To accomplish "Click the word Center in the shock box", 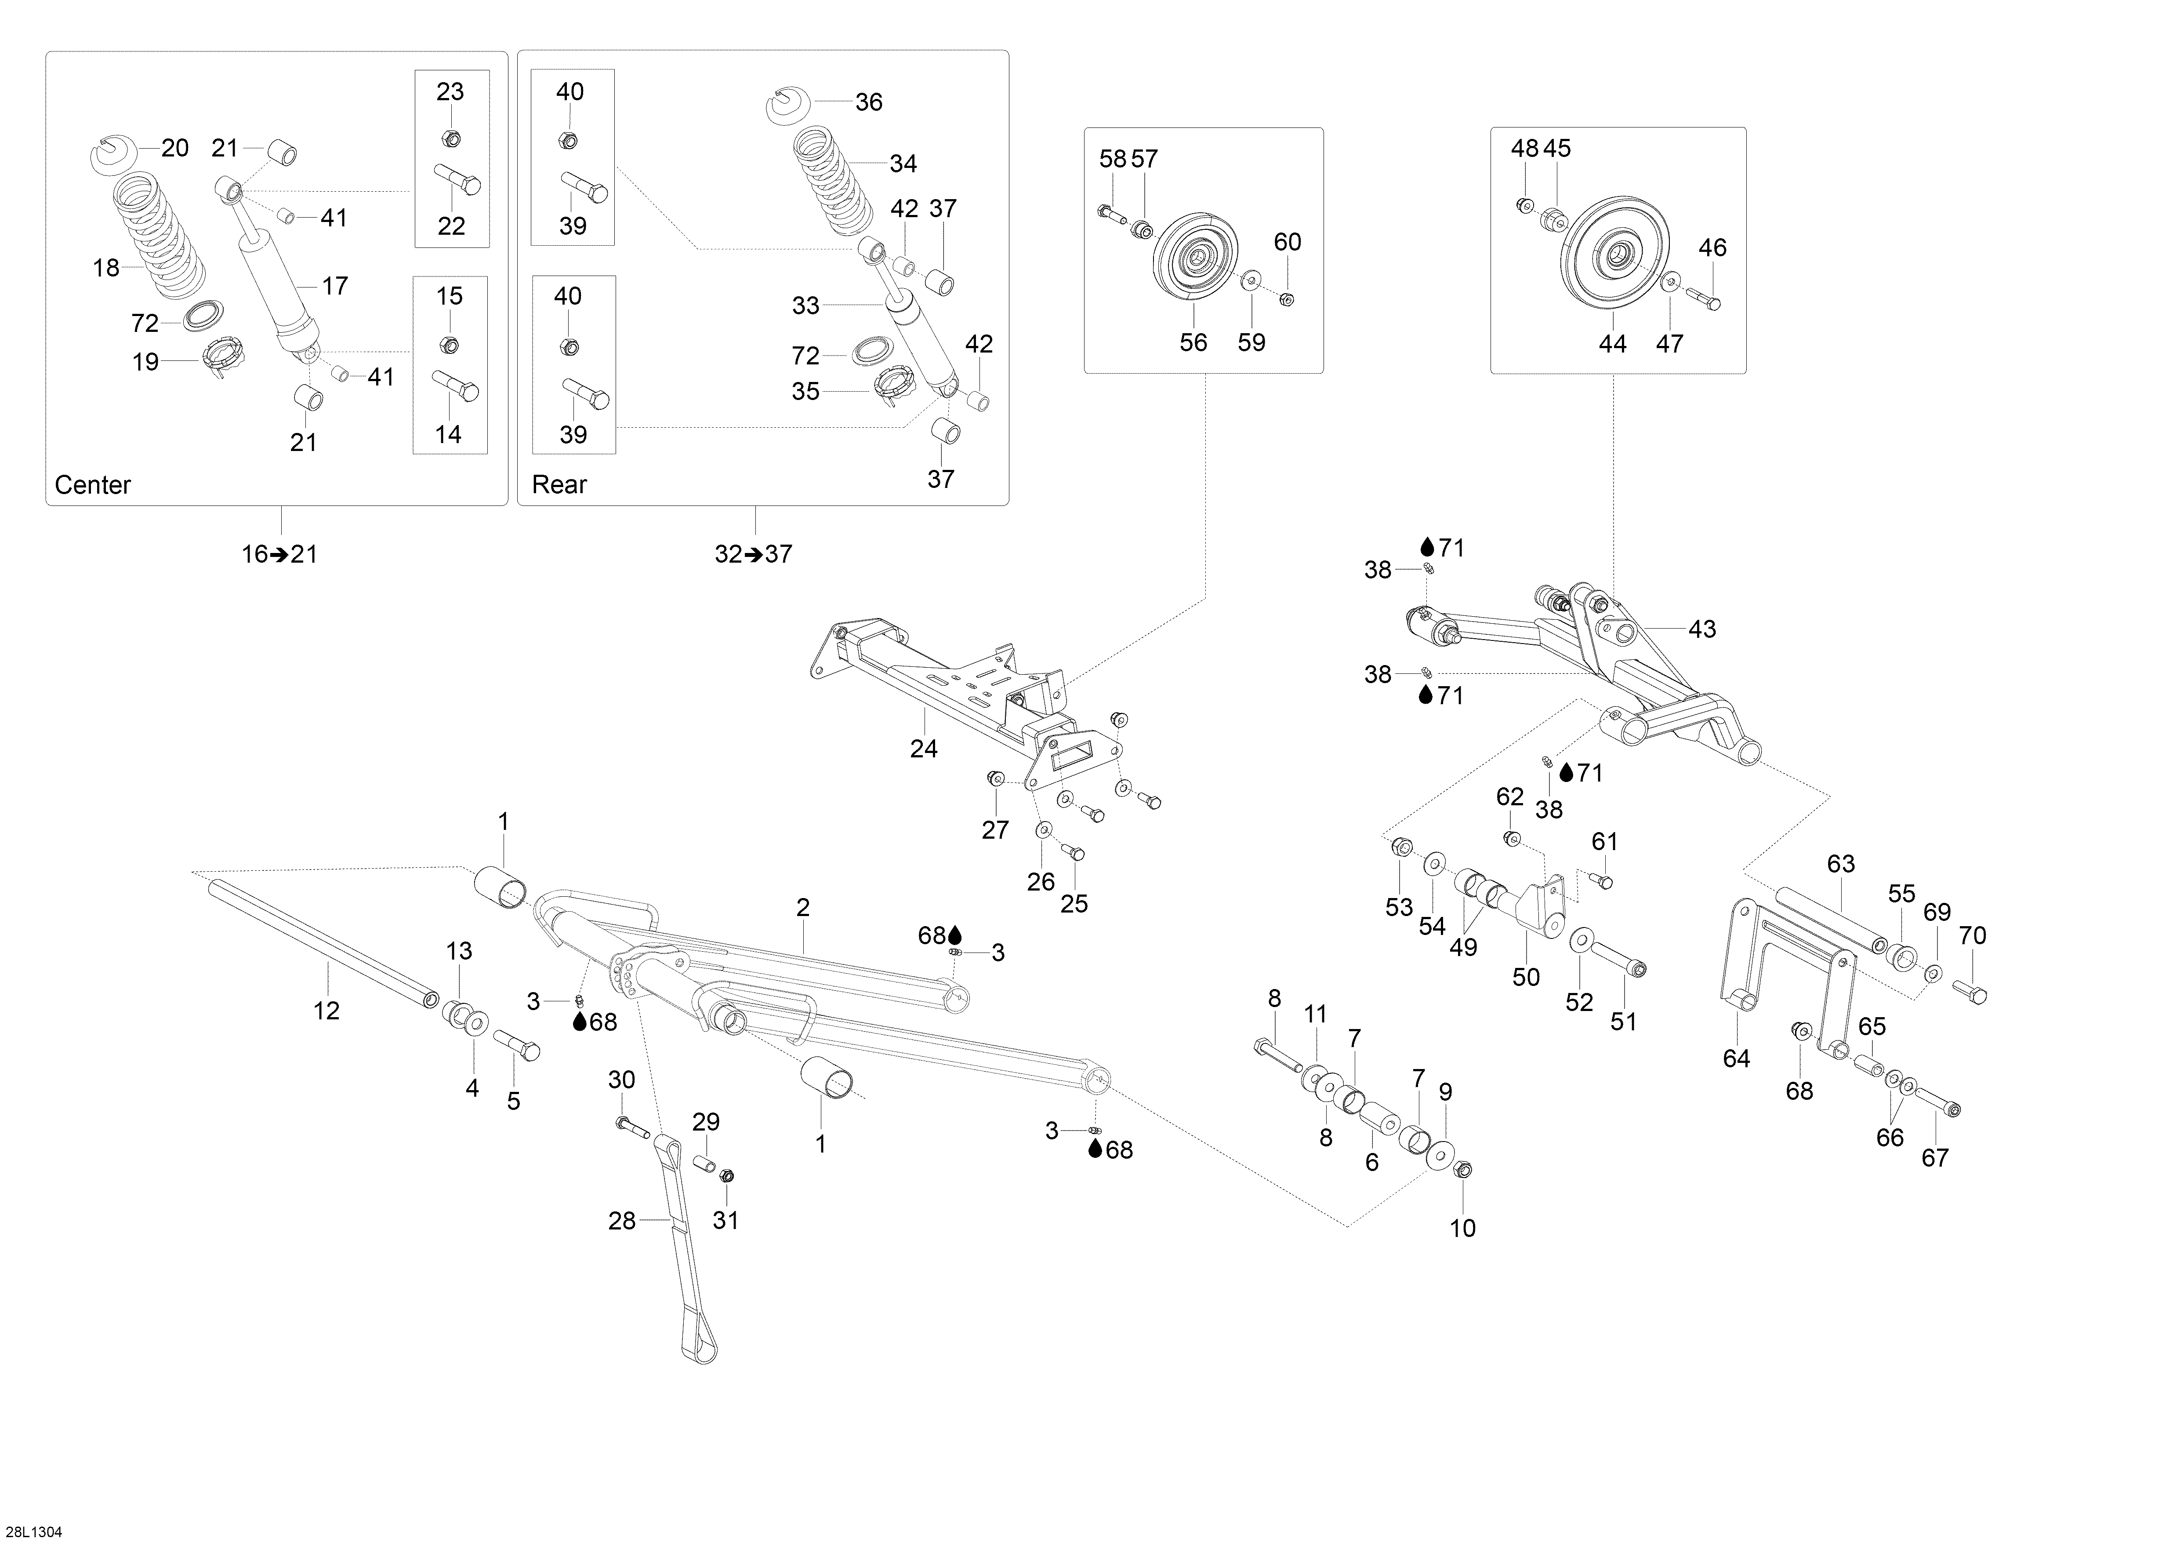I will [x=92, y=485].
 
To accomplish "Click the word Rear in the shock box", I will [x=559, y=485].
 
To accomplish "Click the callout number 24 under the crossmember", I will [x=923, y=749].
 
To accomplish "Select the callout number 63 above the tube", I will [x=1840, y=864].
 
